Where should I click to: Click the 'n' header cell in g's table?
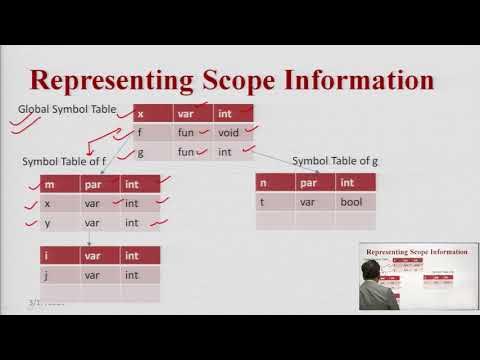pyautogui.click(x=262, y=182)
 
